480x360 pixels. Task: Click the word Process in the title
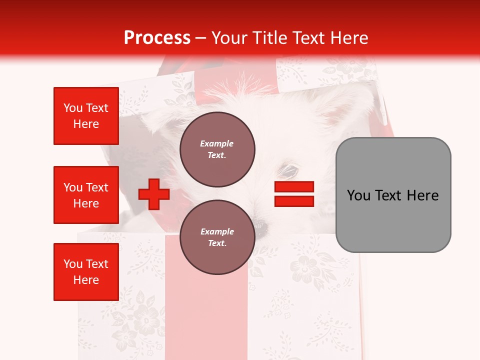pos(157,38)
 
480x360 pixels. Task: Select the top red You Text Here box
pos(86,116)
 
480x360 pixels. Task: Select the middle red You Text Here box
pos(86,195)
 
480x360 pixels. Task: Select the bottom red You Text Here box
pos(86,272)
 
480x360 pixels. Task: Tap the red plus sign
pos(154,194)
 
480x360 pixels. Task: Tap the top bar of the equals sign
pos(294,186)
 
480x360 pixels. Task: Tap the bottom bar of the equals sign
pos(294,201)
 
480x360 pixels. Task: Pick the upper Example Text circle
pos(217,149)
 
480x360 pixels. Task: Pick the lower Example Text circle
pos(217,237)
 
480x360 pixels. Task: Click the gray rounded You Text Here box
pos(393,195)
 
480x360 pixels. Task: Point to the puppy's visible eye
pos(288,171)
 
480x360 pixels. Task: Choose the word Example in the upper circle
pos(216,143)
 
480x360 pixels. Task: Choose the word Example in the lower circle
pos(217,231)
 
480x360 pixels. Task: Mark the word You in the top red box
pos(72,108)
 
